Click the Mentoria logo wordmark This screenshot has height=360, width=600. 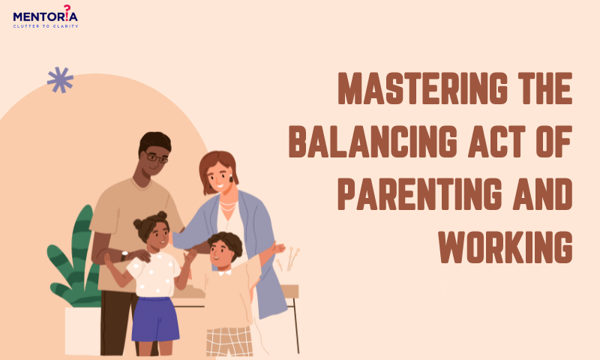click(45, 16)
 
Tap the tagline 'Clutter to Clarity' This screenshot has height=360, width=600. click(46, 26)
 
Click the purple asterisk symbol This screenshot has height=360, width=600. click(60, 80)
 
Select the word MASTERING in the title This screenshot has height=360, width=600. click(423, 88)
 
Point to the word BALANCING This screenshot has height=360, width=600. click(373, 142)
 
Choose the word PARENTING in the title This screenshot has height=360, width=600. click(420, 194)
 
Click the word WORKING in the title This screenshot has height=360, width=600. click(505, 247)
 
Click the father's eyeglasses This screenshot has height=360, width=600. click(156, 157)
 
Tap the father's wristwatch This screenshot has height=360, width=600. click(124, 255)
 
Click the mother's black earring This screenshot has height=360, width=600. click(231, 178)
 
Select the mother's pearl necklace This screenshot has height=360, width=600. click(228, 206)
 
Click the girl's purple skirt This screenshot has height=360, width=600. click(155, 319)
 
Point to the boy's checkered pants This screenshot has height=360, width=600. click(229, 342)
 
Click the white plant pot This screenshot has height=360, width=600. click(82, 331)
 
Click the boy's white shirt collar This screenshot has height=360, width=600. click(224, 273)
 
